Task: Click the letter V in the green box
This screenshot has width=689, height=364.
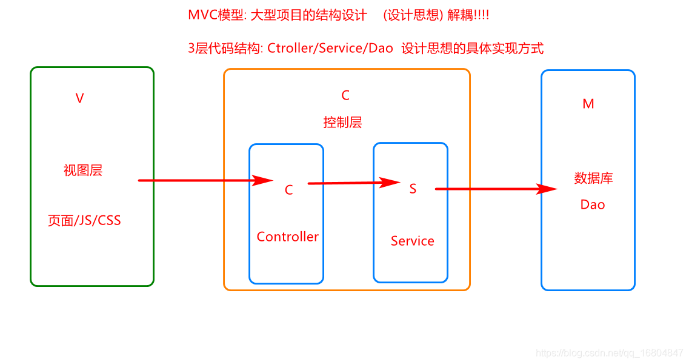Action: [79, 99]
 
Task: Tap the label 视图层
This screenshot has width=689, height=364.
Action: [83, 170]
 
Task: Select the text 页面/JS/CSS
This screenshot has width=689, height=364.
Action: [84, 221]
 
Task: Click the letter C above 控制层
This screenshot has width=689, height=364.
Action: [345, 95]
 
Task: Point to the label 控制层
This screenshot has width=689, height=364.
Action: [342, 123]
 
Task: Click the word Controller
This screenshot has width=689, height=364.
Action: [287, 237]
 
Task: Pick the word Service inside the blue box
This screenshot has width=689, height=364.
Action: [412, 241]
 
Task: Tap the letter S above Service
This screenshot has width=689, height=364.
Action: [413, 189]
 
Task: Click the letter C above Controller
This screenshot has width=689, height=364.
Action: [288, 190]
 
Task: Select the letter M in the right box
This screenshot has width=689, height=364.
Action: [588, 104]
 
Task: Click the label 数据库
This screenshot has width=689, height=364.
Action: [593, 178]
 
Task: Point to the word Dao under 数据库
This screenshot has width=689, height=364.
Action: [592, 205]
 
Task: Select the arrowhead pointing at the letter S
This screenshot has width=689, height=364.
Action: [390, 182]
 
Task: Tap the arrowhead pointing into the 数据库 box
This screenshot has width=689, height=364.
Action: [547, 189]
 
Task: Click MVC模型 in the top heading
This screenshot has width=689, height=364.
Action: [216, 16]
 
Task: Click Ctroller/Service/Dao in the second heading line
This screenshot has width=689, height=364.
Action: [330, 49]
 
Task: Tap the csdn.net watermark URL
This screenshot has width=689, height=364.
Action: [610, 353]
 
